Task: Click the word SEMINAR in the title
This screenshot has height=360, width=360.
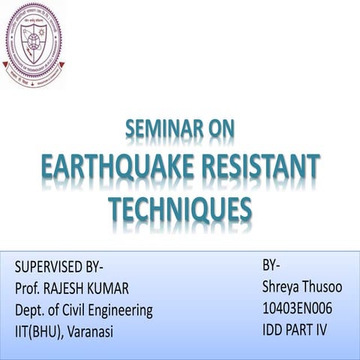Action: point(159,130)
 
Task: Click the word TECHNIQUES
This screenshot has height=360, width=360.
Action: point(180,208)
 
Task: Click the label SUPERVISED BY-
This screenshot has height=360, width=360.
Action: point(59,266)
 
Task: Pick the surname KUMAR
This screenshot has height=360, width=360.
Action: point(128,288)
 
